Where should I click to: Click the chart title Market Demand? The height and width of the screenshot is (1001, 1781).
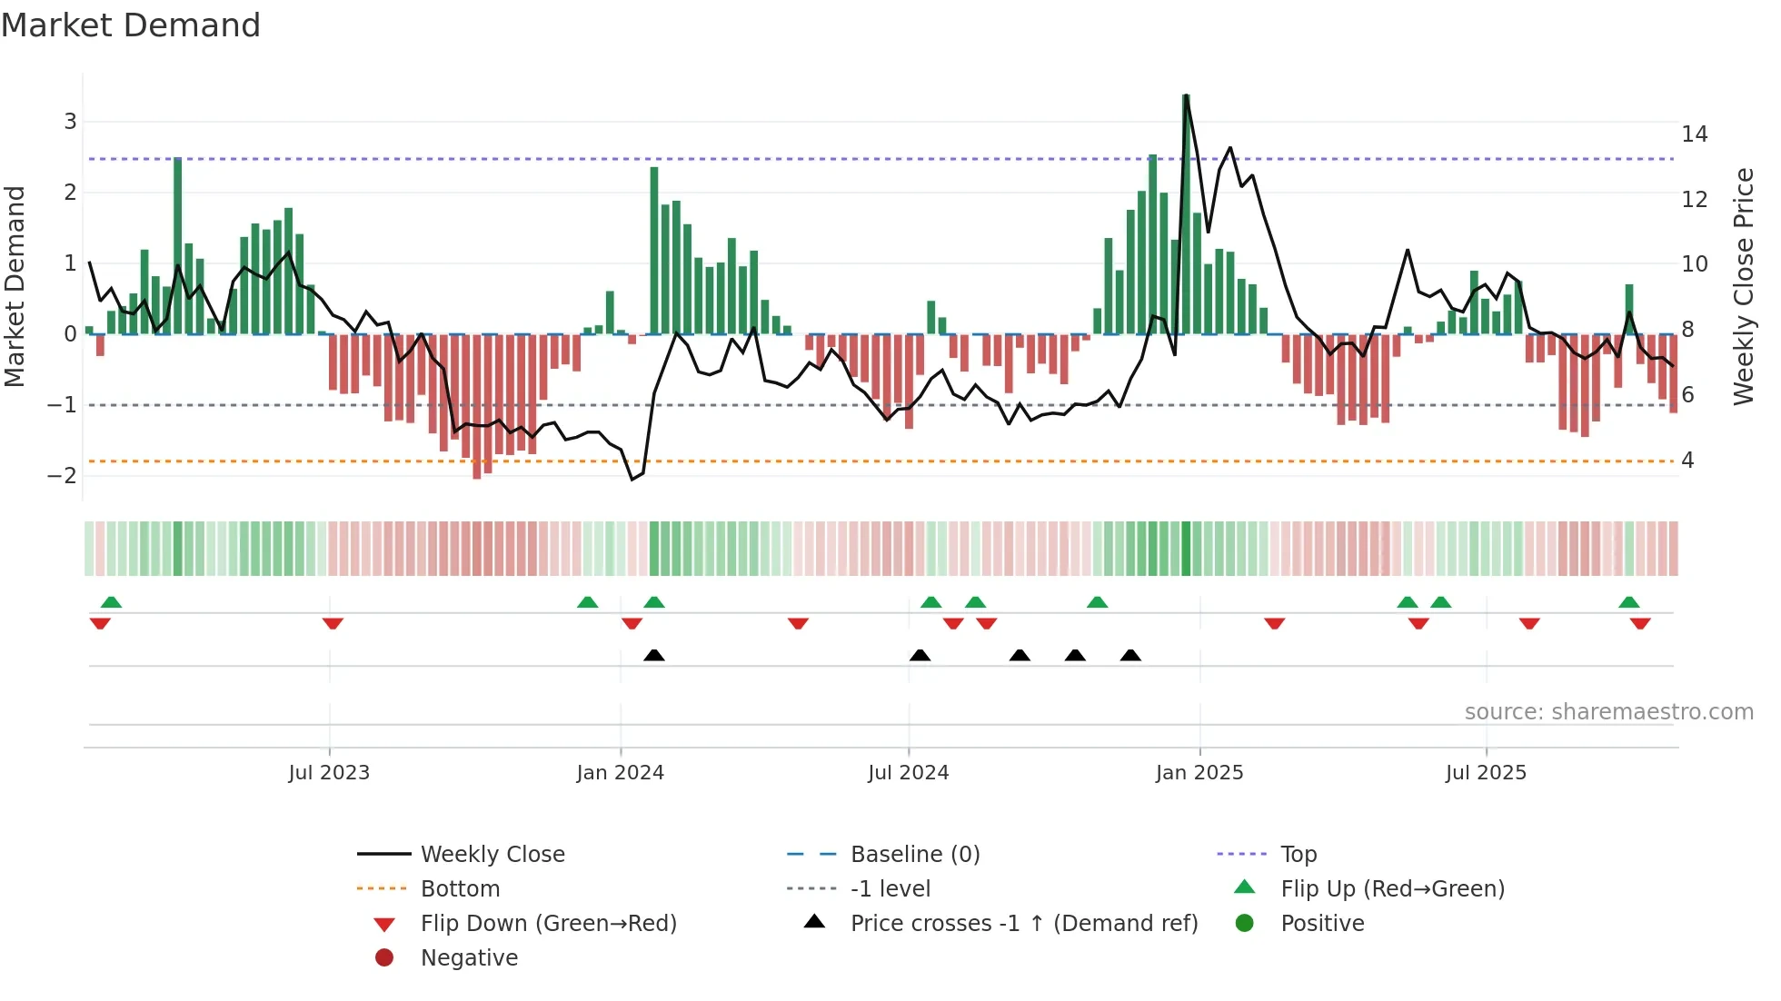tap(131, 25)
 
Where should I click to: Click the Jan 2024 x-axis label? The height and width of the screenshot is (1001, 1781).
tap(620, 773)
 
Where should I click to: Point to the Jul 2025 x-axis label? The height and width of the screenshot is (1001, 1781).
tap(1486, 773)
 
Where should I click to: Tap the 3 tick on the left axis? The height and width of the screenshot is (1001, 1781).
tap(70, 122)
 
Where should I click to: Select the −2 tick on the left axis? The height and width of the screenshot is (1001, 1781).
tap(63, 476)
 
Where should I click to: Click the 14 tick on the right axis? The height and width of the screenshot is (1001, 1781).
tap(1694, 134)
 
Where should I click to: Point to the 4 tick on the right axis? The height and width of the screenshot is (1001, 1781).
tap(1687, 461)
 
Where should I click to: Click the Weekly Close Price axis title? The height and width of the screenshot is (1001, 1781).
tap(1743, 286)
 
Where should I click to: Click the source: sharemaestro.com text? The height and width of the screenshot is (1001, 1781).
tap(1608, 712)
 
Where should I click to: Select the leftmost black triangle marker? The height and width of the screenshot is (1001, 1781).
tap(654, 656)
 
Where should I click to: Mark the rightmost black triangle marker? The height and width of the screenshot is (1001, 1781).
tap(1130, 656)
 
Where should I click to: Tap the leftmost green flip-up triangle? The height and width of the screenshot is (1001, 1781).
tap(111, 602)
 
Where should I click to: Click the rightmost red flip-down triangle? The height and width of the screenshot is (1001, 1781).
tap(1640, 623)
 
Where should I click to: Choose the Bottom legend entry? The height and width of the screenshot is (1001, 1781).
tap(460, 889)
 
